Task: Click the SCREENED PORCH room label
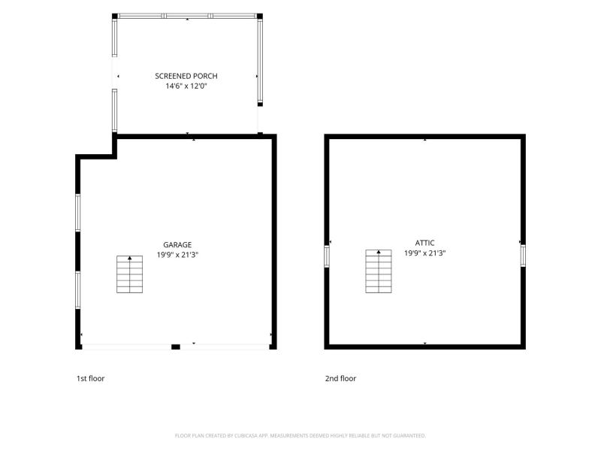[x=186, y=76]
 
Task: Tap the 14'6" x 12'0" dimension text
[x=186, y=86]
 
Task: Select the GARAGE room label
[x=177, y=245]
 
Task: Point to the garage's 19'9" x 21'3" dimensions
[x=177, y=255]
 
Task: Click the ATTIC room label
[x=424, y=243]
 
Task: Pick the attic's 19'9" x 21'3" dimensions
[x=424, y=253]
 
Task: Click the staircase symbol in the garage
[x=129, y=274]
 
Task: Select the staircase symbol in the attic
[x=379, y=271]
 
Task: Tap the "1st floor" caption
[x=90, y=379]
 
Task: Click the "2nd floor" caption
[x=341, y=379]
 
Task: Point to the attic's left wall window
[x=327, y=256]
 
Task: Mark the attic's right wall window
[x=523, y=256]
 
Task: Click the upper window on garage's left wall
[x=78, y=213]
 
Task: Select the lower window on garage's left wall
[x=78, y=290]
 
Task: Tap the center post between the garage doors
[x=176, y=347]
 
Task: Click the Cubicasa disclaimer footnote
[x=300, y=436]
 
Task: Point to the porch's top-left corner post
[x=115, y=16]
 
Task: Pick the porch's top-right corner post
[x=259, y=16]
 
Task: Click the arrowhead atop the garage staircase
[x=129, y=258]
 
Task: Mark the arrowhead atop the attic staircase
[x=379, y=252]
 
